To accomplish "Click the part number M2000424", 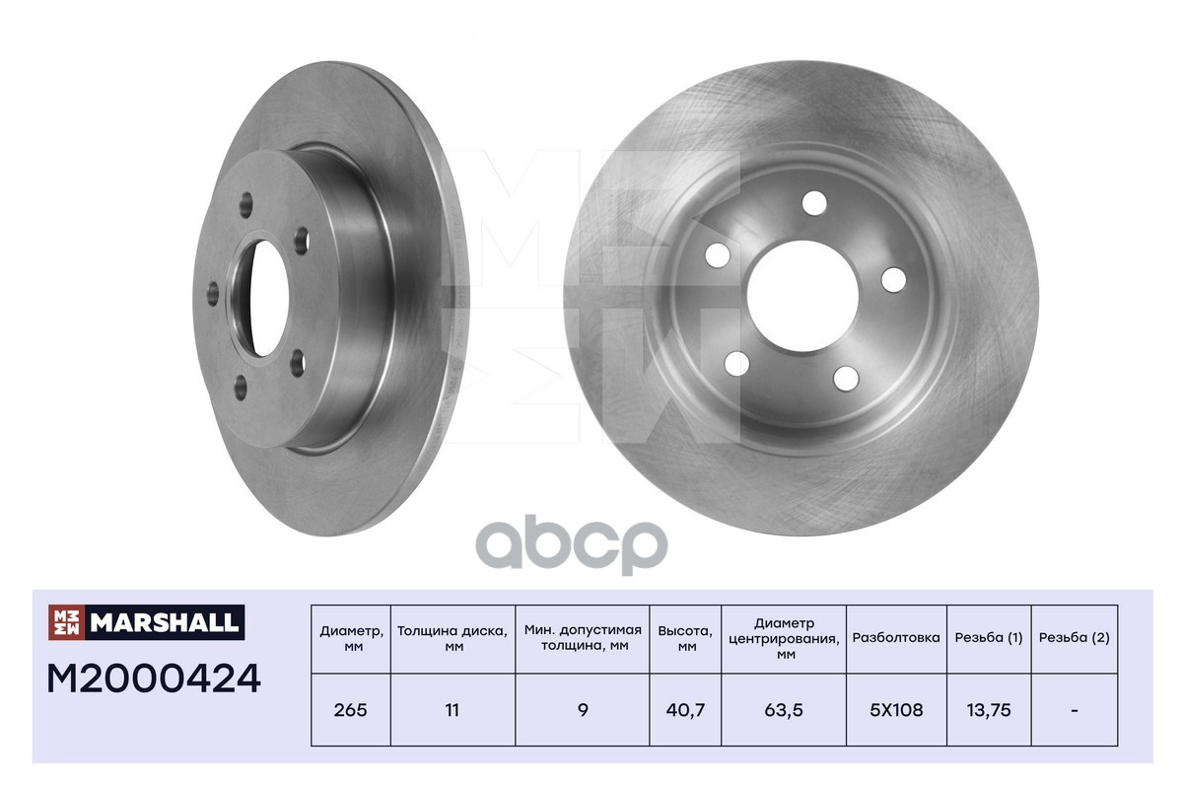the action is [x=154, y=679].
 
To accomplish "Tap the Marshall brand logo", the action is [x=146, y=622].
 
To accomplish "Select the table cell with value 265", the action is [x=350, y=710].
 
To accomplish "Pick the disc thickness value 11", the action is [x=452, y=710].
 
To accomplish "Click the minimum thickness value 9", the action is [x=583, y=710].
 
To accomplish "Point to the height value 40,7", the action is [x=685, y=710].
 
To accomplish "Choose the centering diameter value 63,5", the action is [x=783, y=710].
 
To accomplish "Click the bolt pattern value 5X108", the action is [x=896, y=710].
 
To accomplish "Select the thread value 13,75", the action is [x=989, y=710].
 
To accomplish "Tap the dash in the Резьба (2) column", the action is [x=1075, y=710].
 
